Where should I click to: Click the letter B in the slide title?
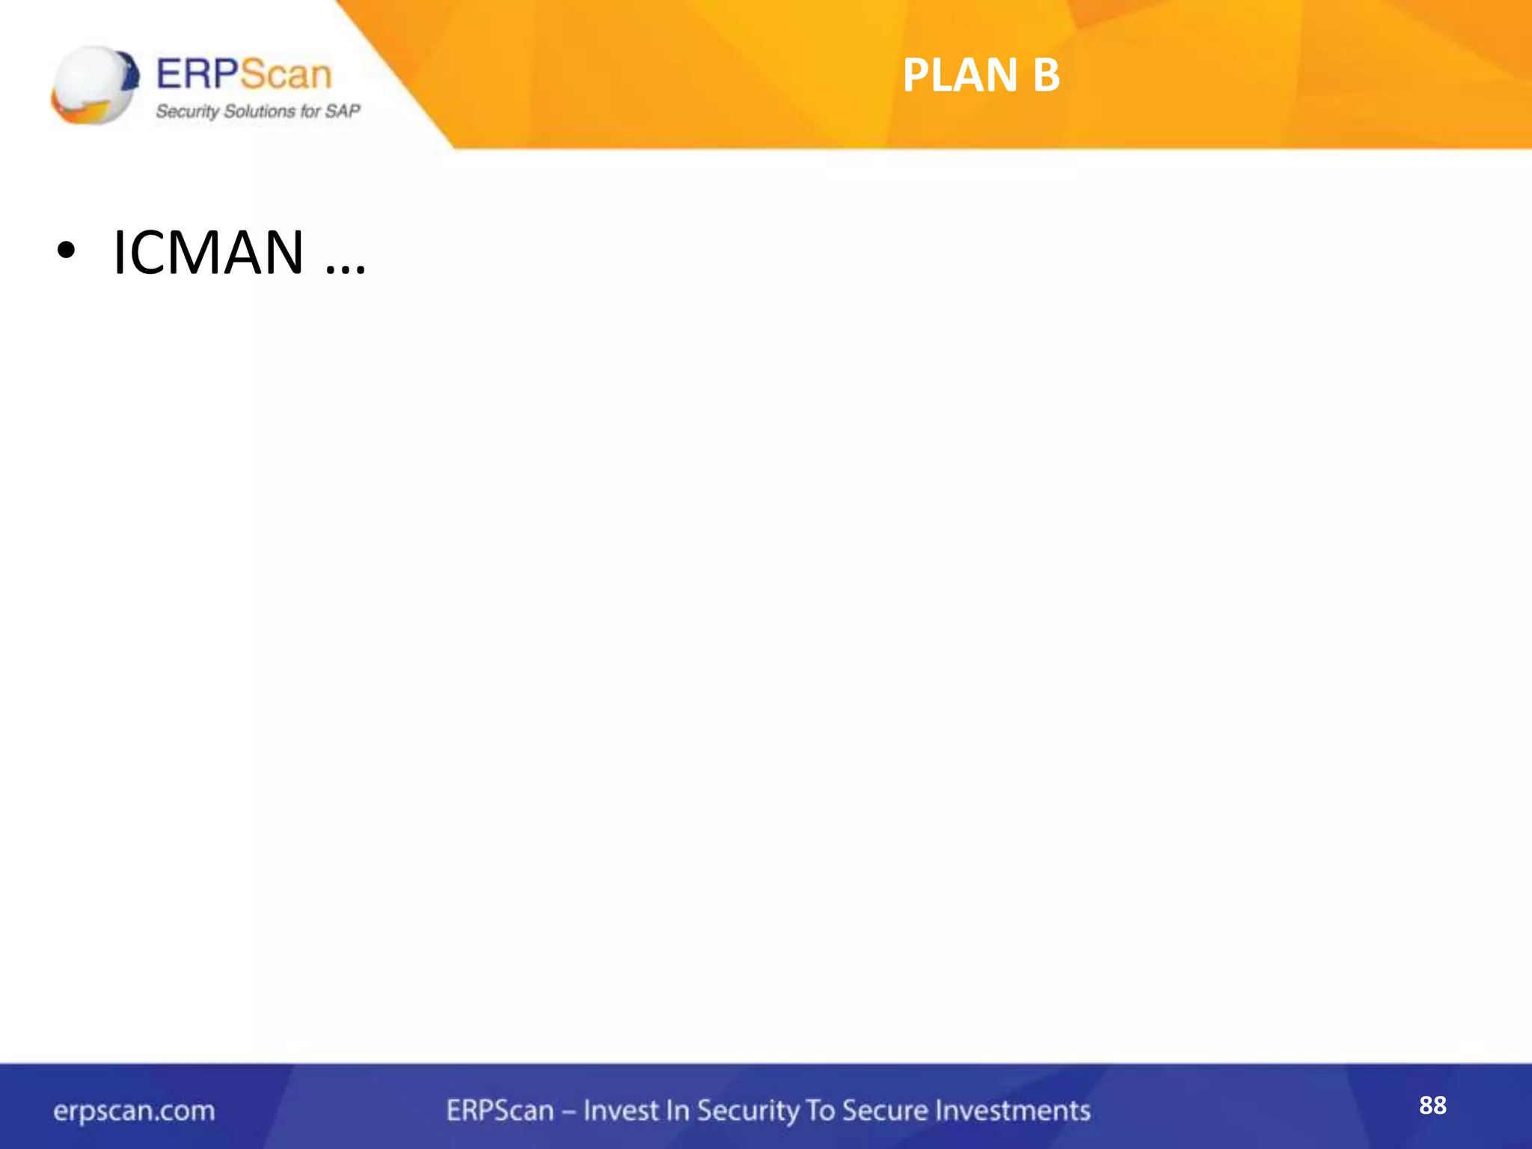(1046, 76)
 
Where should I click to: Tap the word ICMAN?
(208, 253)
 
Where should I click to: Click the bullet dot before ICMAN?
(66, 253)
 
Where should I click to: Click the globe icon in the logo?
(95, 85)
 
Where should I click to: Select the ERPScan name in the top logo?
(244, 74)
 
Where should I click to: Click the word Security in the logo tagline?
(187, 111)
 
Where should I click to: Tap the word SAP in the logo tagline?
(343, 111)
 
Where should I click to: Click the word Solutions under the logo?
(260, 111)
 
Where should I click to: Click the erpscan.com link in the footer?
(134, 1111)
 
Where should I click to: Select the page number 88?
(1433, 1106)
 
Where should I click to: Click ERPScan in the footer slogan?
(500, 1111)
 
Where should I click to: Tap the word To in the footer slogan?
(820, 1111)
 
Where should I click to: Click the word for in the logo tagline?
(310, 111)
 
